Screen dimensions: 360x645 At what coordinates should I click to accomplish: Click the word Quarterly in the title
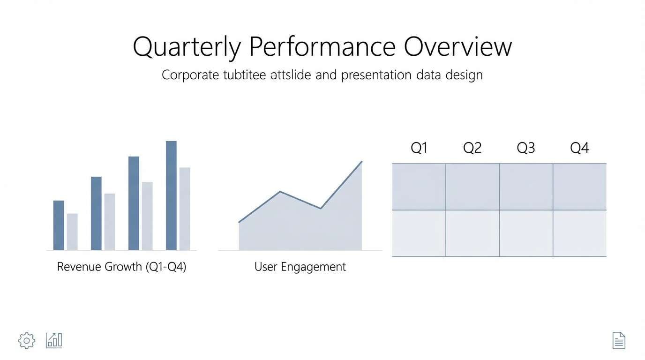(x=187, y=47)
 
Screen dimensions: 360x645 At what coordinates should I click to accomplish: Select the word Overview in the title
(x=457, y=47)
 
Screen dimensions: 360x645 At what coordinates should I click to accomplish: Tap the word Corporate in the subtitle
(x=190, y=75)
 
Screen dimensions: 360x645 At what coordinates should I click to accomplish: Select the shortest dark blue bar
(x=59, y=225)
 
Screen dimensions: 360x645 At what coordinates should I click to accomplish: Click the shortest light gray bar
(x=72, y=232)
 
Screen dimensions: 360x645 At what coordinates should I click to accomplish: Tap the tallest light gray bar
(x=185, y=209)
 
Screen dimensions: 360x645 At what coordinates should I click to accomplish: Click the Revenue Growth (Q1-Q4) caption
(x=121, y=267)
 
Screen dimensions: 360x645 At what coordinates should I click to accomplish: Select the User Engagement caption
(x=300, y=267)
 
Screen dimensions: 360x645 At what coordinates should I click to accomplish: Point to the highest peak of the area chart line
(x=361, y=162)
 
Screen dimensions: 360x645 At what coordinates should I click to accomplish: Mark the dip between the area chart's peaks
(x=321, y=208)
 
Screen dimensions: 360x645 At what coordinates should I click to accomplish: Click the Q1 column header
(x=419, y=148)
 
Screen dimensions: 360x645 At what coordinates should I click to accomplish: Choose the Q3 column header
(x=525, y=148)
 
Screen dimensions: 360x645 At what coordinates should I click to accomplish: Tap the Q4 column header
(x=579, y=148)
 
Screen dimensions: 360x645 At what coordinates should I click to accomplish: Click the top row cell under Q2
(x=472, y=187)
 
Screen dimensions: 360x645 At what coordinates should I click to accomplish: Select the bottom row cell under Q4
(x=579, y=233)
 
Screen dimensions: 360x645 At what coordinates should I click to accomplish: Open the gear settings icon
(x=27, y=340)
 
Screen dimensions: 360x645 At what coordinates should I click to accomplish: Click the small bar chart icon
(x=54, y=340)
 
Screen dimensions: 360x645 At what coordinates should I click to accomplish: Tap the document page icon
(x=619, y=340)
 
